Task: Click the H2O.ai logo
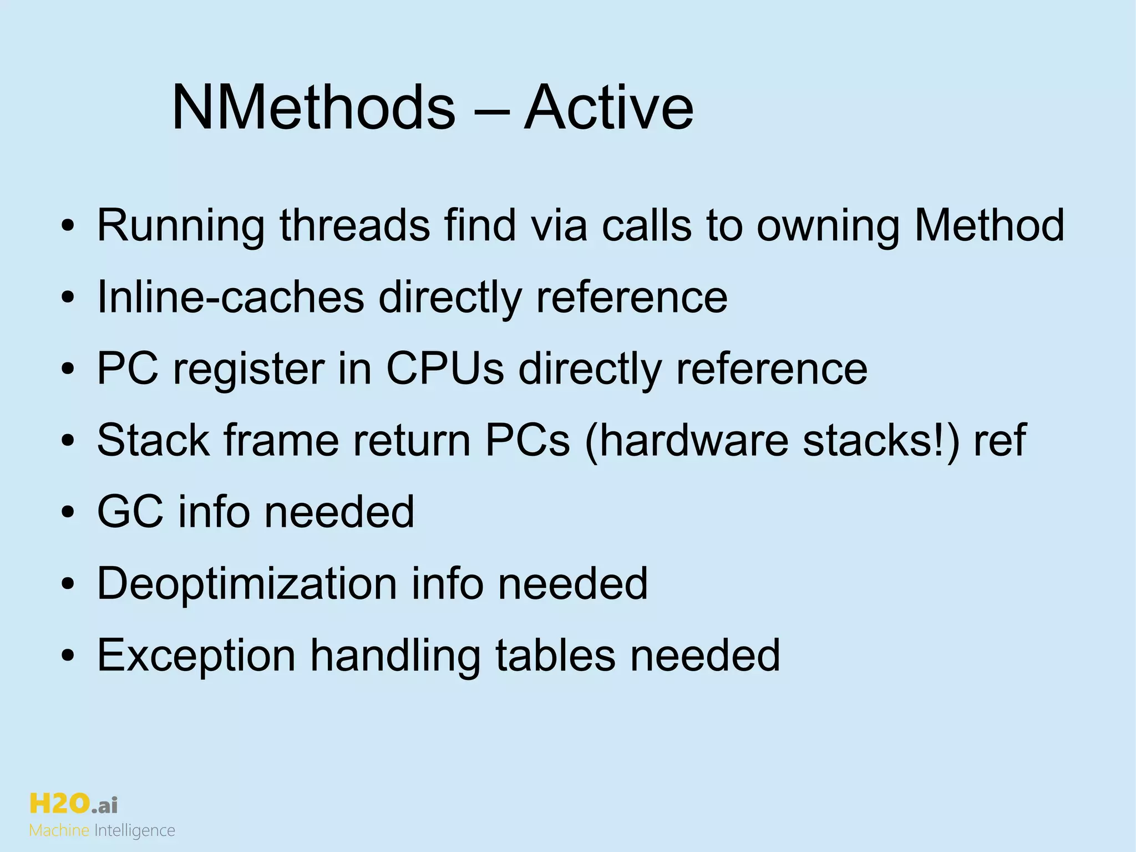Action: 73,804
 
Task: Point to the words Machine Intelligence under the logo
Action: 102,831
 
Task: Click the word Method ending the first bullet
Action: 989,225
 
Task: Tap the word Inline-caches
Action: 230,297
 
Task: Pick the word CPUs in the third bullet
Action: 445,369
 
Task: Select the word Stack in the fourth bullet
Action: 153,440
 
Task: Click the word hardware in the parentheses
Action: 687,440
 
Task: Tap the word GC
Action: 130,511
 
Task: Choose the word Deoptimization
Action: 247,584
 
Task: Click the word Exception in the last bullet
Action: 196,656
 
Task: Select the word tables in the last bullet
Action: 555,655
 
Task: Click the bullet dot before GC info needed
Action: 68,512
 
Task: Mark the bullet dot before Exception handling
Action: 68,656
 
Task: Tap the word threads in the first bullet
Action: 354,225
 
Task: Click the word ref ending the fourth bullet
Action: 999,440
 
